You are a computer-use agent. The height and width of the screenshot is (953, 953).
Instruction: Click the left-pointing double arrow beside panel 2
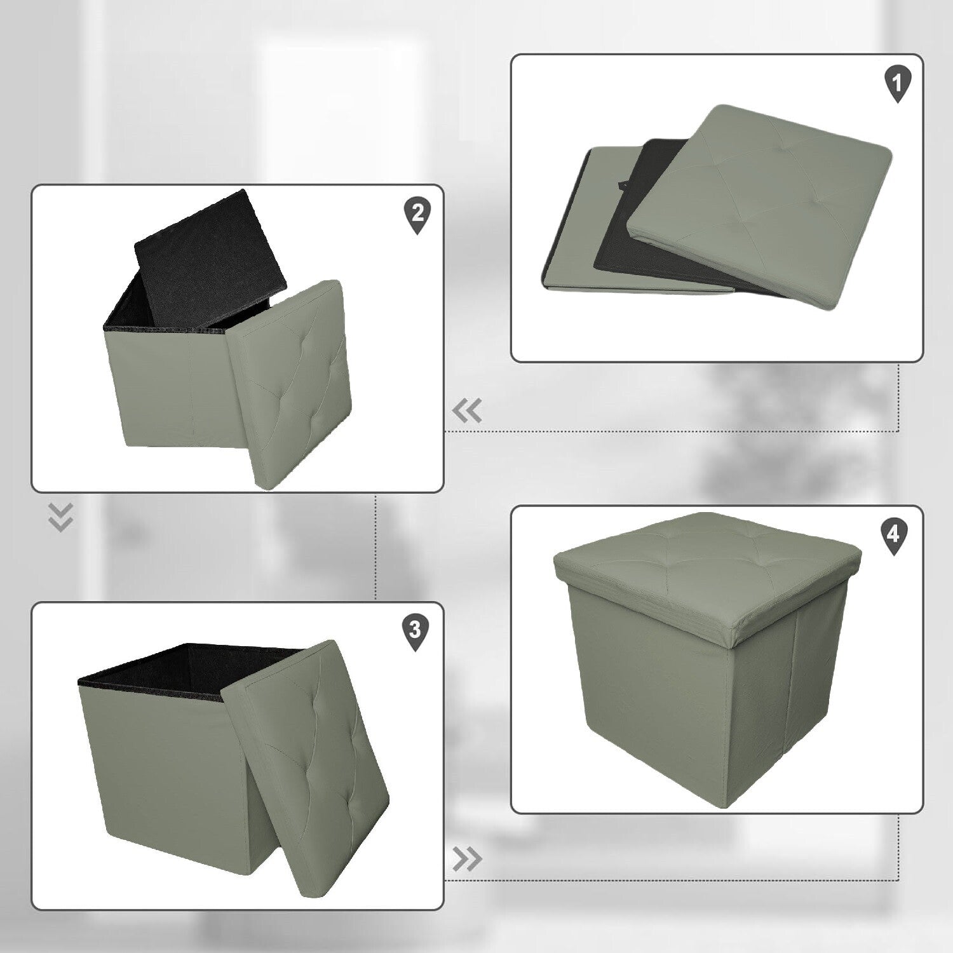click(x=467, y=412)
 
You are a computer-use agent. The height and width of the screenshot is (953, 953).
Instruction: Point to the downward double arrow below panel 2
click(x=61, y=517)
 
